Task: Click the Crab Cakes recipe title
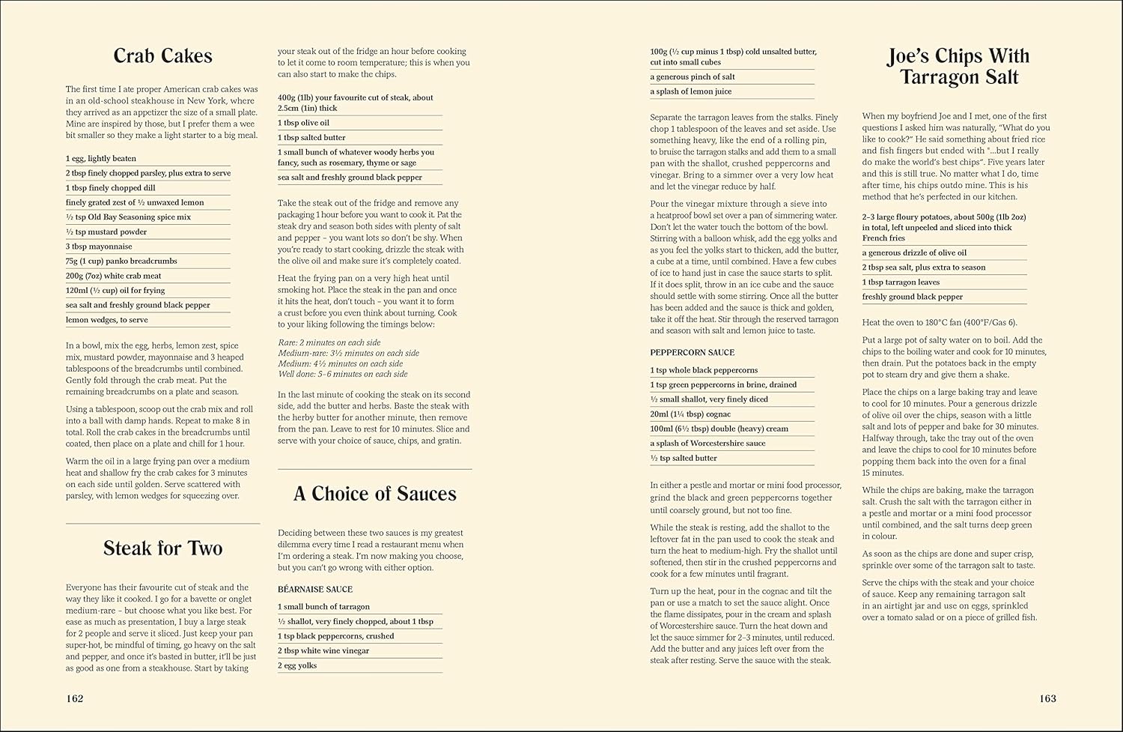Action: point(162,56)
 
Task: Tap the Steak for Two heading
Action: point(162,548)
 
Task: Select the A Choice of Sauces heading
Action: point(374,494)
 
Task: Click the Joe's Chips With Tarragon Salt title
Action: point(959,67)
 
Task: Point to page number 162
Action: point(74,698)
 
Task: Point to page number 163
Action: point(1047,698)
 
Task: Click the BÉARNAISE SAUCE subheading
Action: point(314,590)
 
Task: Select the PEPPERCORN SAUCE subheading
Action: point(693,352)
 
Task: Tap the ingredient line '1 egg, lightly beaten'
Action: point(103,159)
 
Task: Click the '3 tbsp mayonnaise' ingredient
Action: point(99,246)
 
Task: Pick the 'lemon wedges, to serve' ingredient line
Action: point(106,320)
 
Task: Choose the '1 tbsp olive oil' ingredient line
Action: point(303,123)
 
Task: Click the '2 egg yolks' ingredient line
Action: point(297,665)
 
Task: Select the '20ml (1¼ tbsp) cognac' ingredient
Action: point(690,414)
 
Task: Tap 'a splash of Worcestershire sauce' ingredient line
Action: point(707,444)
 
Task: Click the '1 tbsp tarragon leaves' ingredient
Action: point(901,282)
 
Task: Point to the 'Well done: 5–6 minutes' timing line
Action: point(342,374)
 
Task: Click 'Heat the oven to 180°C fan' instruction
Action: point(940,323)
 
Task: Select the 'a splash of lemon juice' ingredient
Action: point(691,91)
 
